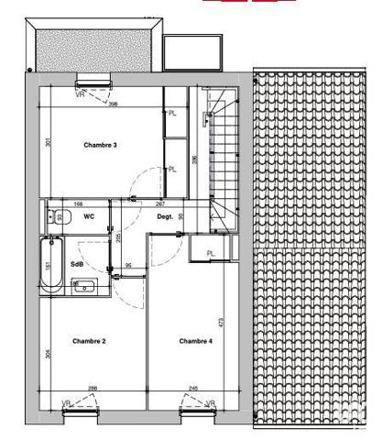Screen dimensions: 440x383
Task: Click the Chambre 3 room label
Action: coord(101,146)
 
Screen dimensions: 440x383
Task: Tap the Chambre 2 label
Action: coord(90,341)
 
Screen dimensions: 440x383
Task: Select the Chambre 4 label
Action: coord(195,341)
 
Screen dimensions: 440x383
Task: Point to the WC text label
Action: coord(89,217)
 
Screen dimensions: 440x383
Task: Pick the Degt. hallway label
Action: coord(165,217)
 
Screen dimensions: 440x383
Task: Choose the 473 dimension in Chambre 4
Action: coord(222,322)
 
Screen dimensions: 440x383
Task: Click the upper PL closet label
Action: coord(172,113)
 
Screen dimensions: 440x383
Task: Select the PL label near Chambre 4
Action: coord(210,253)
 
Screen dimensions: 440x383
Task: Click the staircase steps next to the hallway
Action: coord(224,156)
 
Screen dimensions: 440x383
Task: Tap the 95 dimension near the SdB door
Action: coord(129,266)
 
